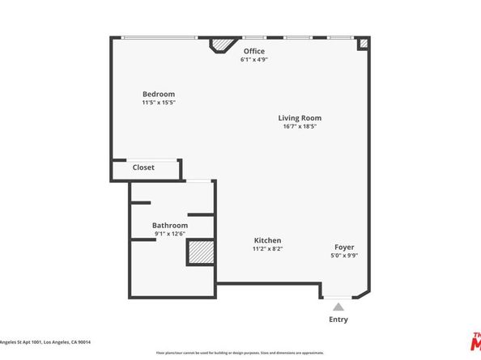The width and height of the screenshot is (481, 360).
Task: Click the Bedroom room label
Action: click(159, 94)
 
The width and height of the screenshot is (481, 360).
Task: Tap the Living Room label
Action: click(300, 118)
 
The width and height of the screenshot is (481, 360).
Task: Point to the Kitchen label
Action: click(267, 240)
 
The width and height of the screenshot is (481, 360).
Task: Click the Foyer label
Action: click(344, 247)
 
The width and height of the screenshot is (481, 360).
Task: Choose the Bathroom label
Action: click(170, 225)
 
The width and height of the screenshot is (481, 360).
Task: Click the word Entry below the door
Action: click(338, 320)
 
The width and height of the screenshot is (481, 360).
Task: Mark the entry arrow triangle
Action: click(338, 306)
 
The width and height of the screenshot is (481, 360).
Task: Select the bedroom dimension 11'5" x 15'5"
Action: click(159, 103)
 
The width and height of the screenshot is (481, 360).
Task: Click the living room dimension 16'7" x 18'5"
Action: click(300, 127)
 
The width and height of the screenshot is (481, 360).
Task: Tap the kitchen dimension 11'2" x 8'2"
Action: click(267, 249)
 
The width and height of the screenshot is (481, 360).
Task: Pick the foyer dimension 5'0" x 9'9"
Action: click(344, 256)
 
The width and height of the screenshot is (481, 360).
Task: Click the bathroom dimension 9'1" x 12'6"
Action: click(170, 234)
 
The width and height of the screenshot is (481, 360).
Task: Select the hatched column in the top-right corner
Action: click(364, 44)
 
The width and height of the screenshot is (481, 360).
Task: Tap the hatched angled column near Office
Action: click(220, 45)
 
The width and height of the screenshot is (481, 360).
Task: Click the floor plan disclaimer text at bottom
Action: click(240, 353)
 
